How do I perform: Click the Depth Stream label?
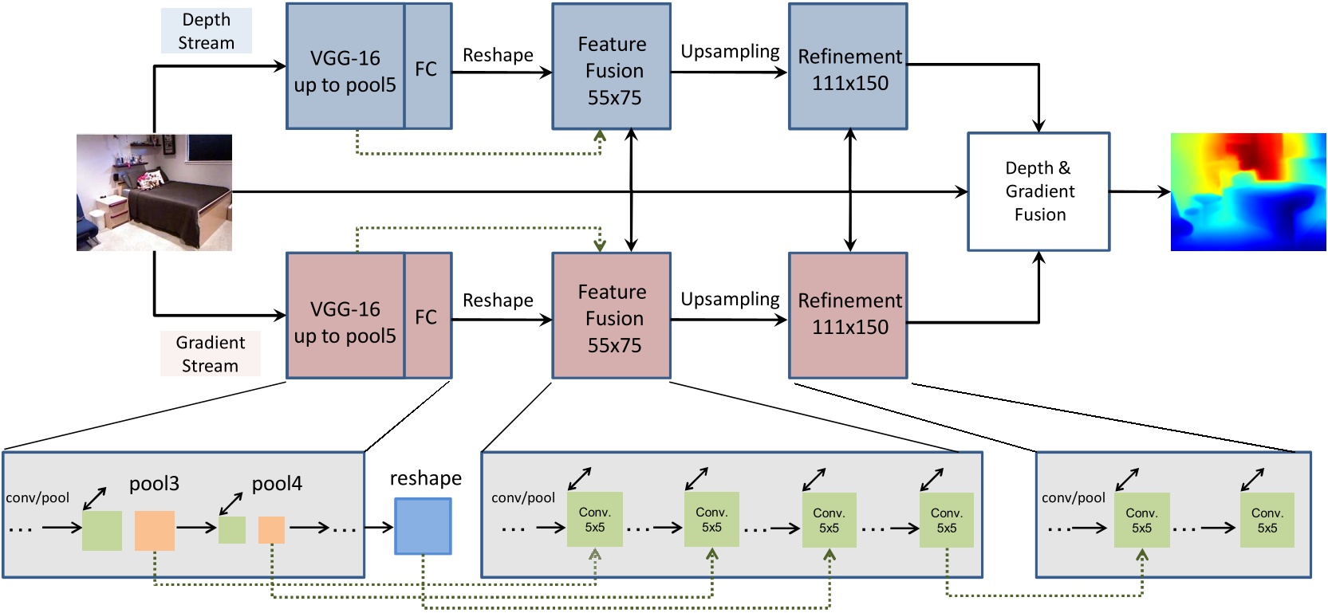click(206, 31)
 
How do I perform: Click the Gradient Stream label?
click(210, 354)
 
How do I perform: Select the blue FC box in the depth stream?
click(428, 67)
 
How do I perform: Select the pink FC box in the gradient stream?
click(428, 316)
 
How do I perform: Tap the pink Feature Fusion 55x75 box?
click(612, 316)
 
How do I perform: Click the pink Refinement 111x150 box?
click(848, 316)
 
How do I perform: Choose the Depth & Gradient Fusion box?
click(1038, 192)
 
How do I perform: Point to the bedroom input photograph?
click(154, 192)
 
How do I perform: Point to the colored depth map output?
click(1247, 192)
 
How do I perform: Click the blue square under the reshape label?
click(423, 526)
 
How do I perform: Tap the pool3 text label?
click(154, 484)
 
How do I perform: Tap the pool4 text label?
click(277, 484)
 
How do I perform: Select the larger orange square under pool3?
click(154, 531)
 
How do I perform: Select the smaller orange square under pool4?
click(271, 530)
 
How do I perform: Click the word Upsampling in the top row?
click(730, 52)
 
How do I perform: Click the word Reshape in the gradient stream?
click(498, 301)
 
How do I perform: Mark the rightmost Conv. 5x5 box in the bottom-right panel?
click(1267, 521)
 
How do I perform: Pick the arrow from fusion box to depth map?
click(1139, 192)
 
